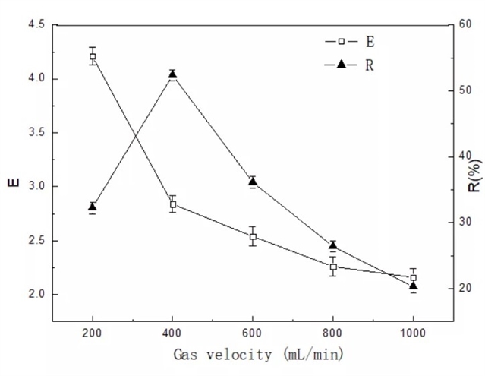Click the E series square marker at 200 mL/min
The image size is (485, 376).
pyautogui.click(x=93, y=56)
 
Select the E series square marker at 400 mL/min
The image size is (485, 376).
pyautogui.click(x=173, y=204)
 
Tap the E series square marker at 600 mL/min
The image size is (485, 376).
pyautogui.click(x=253, y=236)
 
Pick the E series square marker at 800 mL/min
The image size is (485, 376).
pyautogui.click(x=333, y=267)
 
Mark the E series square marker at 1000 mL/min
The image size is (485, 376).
pyautogui.click(x=413, y=277)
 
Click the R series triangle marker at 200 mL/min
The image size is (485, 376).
pyautogui.click(x=93, y=207)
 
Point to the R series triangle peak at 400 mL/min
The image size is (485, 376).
pyautogui.click(x=173, y=74)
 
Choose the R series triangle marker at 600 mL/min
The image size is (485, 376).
pyautogui.click(x=253, y=182)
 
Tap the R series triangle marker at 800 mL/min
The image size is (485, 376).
pyautogui.click(x=333, y=245)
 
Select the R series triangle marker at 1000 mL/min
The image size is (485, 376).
pyautogui.click(x=413, y=286)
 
